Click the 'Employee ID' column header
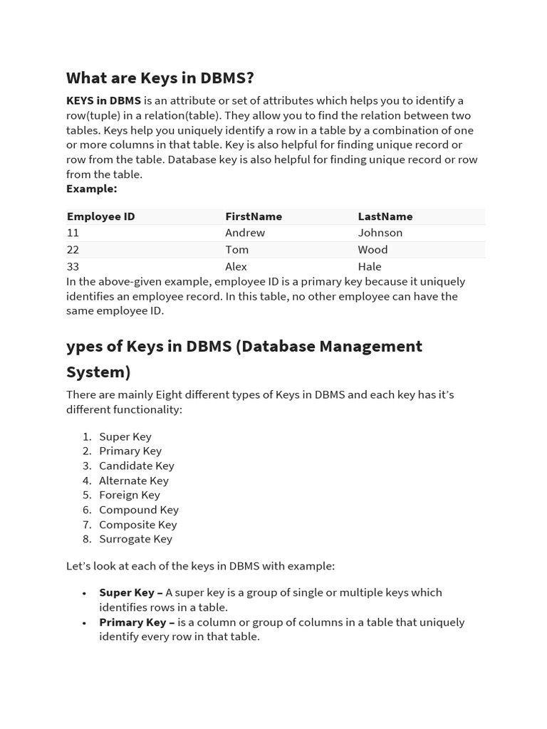[100, 216]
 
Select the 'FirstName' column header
[254, 216]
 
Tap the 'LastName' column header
[385, 216]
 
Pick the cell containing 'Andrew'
[245, 233]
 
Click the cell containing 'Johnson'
[380, 233]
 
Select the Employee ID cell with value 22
[73, 250]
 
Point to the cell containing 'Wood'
[373, 250]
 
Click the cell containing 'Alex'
[236, 267]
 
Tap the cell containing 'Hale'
[370, 267]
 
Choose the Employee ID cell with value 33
[73, 267]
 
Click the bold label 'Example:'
[91, 189]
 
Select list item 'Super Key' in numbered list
[125, 436]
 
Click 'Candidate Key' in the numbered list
[137, 466]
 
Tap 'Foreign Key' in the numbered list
[130, 495]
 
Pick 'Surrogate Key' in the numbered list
[135, 539]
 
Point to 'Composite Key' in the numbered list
[138, 525]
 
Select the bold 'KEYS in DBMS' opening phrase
[103, 100]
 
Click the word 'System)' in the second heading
[98, 372]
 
